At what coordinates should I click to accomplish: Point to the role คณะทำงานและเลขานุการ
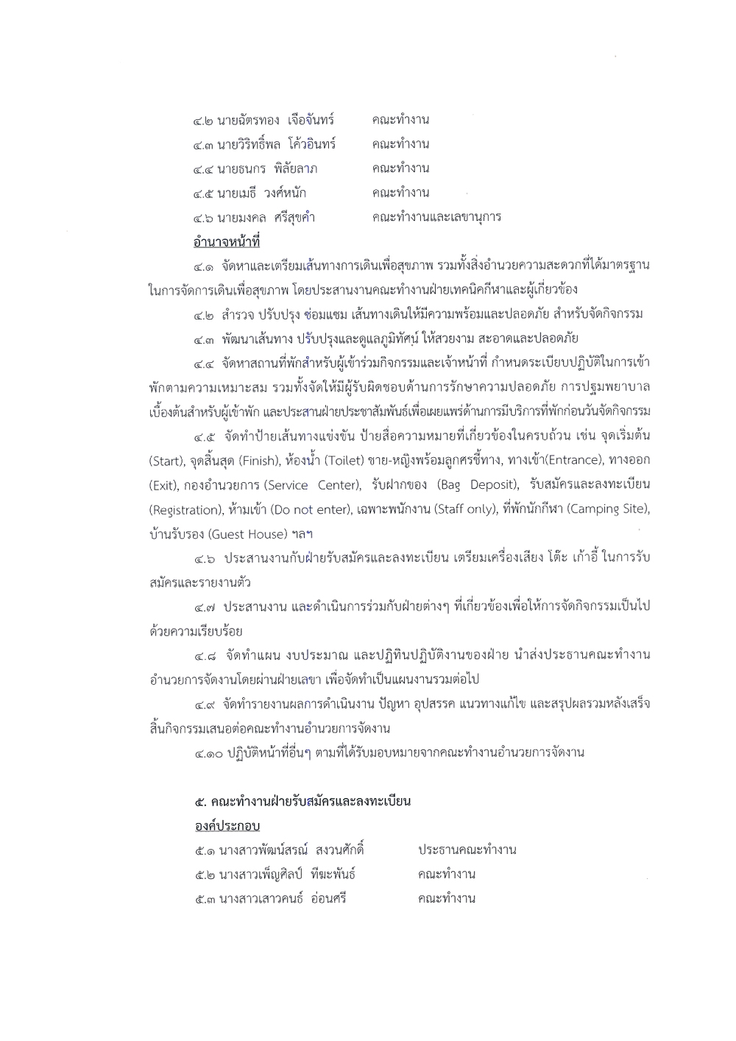click(x=436, y=217)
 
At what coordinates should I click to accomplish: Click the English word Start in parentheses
click(x=166, y=461)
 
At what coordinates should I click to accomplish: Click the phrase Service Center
click(x=313, y=485)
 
